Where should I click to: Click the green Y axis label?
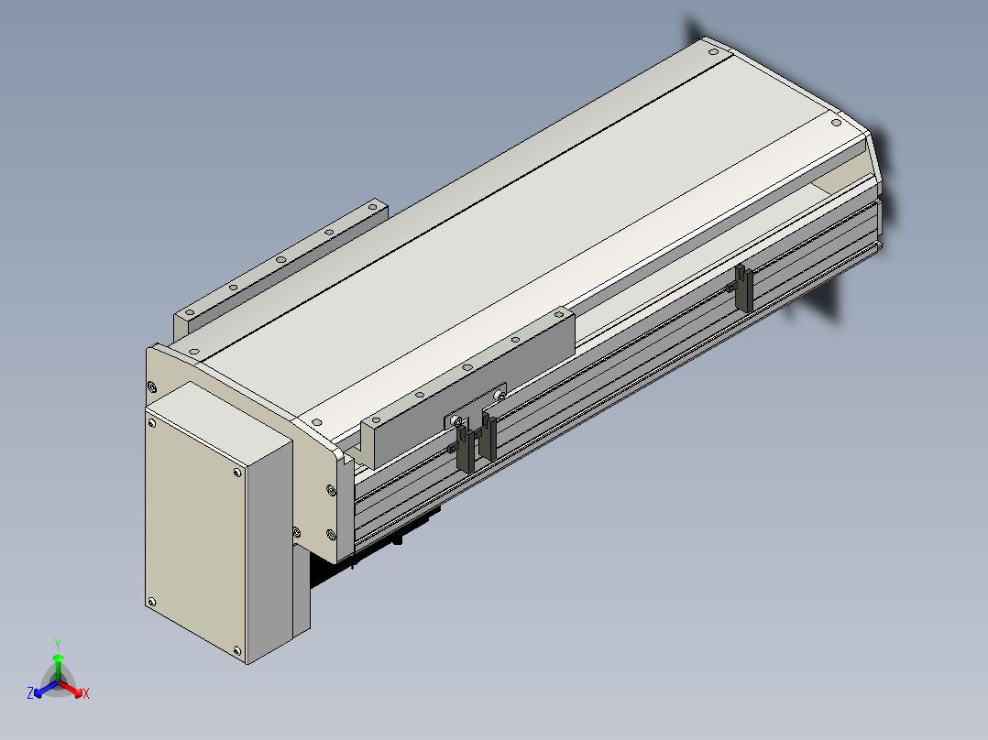tap(58, 644)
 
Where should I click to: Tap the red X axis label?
tap(86, 693)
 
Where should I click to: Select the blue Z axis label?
tap(30, 692)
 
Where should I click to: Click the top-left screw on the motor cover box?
tap(152, 424)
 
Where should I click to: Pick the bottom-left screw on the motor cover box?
tap(151, 602)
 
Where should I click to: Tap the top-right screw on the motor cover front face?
tap(237, 473)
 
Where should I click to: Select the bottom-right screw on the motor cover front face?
tap(237, 650)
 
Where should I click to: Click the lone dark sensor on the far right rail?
tap(743, 288)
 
